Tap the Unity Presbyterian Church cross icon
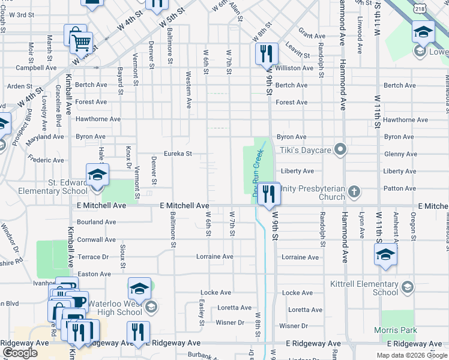tap(354, 193)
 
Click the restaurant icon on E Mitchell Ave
tap(269, 193)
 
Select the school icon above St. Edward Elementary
tap(97, 175)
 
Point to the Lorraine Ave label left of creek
tap(215, 257)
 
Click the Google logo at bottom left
tap(20, 353)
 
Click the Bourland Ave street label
tap(97, 222)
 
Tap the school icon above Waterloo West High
tap(139, 289)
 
